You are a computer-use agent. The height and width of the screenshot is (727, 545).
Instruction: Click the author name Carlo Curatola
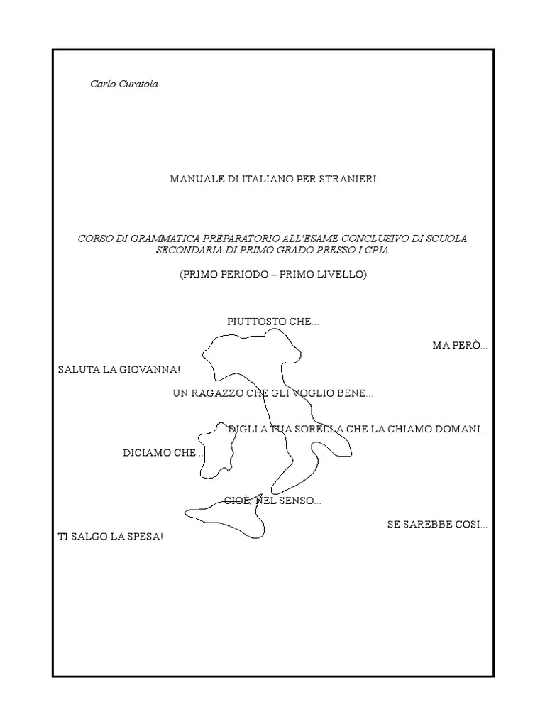(124, 84)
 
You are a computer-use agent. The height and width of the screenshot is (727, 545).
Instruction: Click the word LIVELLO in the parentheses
(341, 274)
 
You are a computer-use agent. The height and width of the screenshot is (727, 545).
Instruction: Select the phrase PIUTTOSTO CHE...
(272, 322)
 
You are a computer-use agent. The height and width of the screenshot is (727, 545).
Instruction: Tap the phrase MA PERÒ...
(460, 346)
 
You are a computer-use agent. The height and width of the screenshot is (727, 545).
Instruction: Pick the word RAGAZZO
(218, 393)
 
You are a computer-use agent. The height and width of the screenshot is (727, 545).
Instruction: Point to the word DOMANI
(461, 430)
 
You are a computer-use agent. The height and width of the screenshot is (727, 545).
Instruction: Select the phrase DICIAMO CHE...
(163, 453)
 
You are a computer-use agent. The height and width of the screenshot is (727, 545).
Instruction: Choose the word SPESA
(145, 537)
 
